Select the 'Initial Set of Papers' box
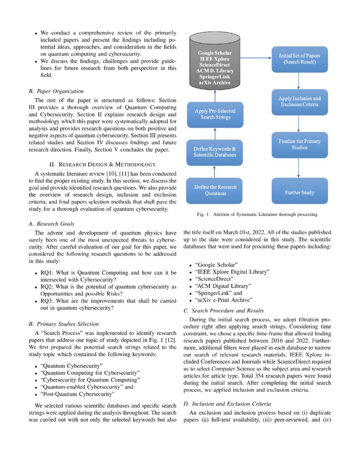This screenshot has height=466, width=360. coord(299,59)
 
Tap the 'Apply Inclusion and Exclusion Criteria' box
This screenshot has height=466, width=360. coord(299,101)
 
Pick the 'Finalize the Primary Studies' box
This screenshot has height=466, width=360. coord(299,144)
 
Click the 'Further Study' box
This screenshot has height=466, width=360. coord(299,192)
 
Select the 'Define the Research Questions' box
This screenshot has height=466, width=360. coord(215,190)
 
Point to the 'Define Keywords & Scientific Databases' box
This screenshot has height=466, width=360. coord(215,152)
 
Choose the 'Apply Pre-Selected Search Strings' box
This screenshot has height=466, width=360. coord(215,114)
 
